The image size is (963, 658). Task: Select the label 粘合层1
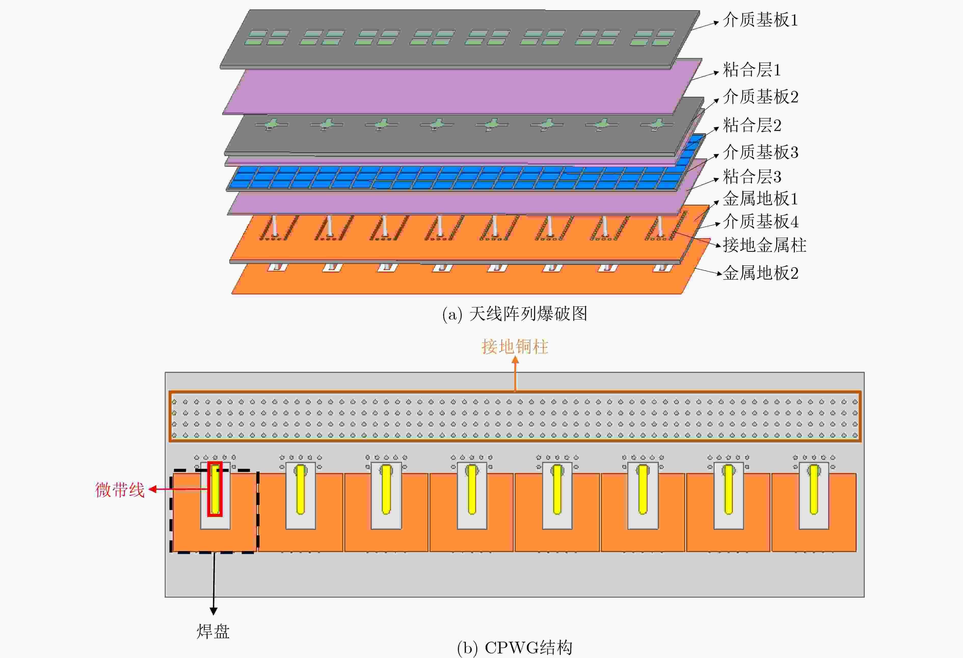pyautogui.click(x=752, y=70)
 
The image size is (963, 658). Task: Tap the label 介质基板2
pyautogui.click(x=760, y=97)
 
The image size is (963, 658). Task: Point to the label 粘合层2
pyautogui.click(x=752, y=125)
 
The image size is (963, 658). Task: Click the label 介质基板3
pyautogui.click(x=760, y=152)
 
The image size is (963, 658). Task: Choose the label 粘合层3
pyautogui.click(x=752, y=177)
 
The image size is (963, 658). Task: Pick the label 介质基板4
pyautogui.click(x=760, y=221)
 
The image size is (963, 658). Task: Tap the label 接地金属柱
pyautogui.click(x=765, y=245)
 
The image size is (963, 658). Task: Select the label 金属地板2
pyautogui.click(x=760, y=273)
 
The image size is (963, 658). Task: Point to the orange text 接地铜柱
pyautogui.click(x=515, y=346)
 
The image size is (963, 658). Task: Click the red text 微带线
pyautogui.click(x=120, y=490)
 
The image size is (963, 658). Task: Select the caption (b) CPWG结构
pyautogui.click(x=515, y=648)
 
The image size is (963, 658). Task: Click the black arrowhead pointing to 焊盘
pyautogui.click(x=213, y=611)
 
